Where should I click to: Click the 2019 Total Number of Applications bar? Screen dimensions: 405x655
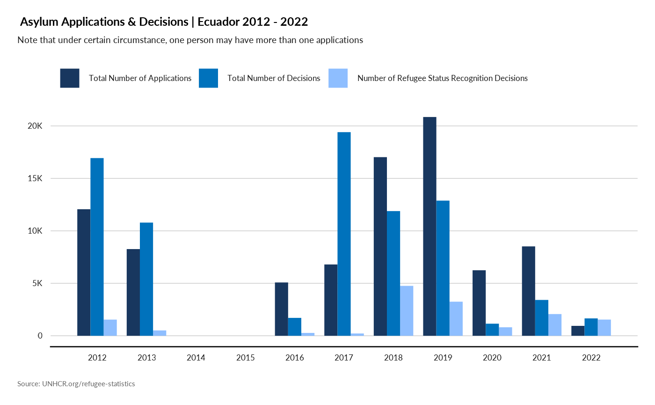point(429,226)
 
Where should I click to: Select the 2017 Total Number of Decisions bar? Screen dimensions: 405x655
point(344,234)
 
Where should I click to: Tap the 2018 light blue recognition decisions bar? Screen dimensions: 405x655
point(407,310)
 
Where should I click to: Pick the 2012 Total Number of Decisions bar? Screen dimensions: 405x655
point(97,247)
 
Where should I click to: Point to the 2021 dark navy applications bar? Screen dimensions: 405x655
point(528,291)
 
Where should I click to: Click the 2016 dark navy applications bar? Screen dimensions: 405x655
point(281,309)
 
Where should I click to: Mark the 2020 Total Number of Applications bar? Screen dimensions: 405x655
point(479,303)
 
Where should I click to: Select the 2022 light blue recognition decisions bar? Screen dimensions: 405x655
point(604,327)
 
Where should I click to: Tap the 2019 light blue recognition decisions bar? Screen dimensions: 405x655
point(456,318)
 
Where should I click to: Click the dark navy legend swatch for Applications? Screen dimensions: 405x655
point(69,78)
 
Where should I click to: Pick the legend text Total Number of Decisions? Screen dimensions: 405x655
point(274,78)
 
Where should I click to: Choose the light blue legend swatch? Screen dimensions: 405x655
point(338,78)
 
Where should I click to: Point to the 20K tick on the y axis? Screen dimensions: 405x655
point(35,126)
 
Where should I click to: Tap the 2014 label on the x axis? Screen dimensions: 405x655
point(196,358)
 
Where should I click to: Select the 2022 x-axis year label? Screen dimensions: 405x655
point(591,358)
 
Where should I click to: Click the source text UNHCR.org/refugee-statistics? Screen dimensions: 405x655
point(88,384)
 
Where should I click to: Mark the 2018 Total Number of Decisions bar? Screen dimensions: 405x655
point(393,273)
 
